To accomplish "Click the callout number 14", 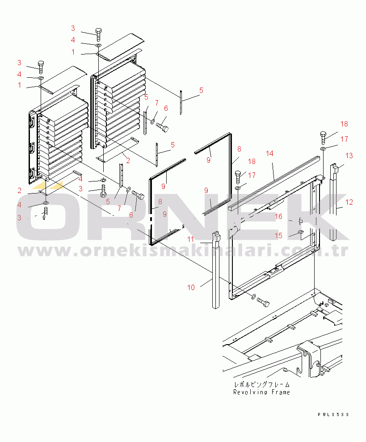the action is [x=269, y=153].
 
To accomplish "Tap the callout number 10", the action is [x=191, y=287].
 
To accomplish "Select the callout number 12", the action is [x=349, y=202].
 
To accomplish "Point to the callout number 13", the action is [x=349, y=156].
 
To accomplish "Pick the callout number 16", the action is [x=278, y=216].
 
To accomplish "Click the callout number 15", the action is [x=278, y=236].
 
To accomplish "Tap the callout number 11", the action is [x=191, y=239].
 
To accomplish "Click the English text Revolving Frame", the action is [x=262, y=392].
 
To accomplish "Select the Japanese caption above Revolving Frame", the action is [x=262, y=384].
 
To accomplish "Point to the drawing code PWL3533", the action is [x=333, y=414].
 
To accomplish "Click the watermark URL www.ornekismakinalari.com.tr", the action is [x=183, y=251].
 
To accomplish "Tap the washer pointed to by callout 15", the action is [x=301, y=232].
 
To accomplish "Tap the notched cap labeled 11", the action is [x=216, y=236].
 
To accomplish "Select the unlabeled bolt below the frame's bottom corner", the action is [x=263, y=303].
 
